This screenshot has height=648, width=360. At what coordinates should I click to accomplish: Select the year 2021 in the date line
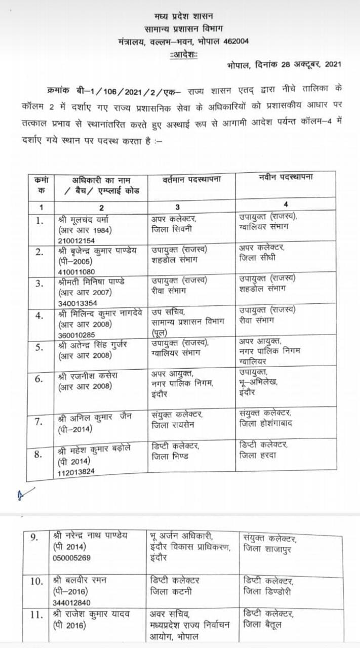tap(331, 64)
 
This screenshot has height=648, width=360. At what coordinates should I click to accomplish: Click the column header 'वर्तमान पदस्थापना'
tap(192, 180)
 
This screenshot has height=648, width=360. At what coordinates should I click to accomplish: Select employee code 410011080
tap(76, 271)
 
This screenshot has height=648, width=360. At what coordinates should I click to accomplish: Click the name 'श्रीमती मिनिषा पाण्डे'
tap(92, 281)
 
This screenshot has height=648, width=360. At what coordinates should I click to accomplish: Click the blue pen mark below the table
tap(25, 493)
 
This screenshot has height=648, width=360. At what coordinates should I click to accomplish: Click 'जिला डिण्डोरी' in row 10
tap(267, 591)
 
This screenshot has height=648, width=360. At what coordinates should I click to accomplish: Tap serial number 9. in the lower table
tap(34, 538)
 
